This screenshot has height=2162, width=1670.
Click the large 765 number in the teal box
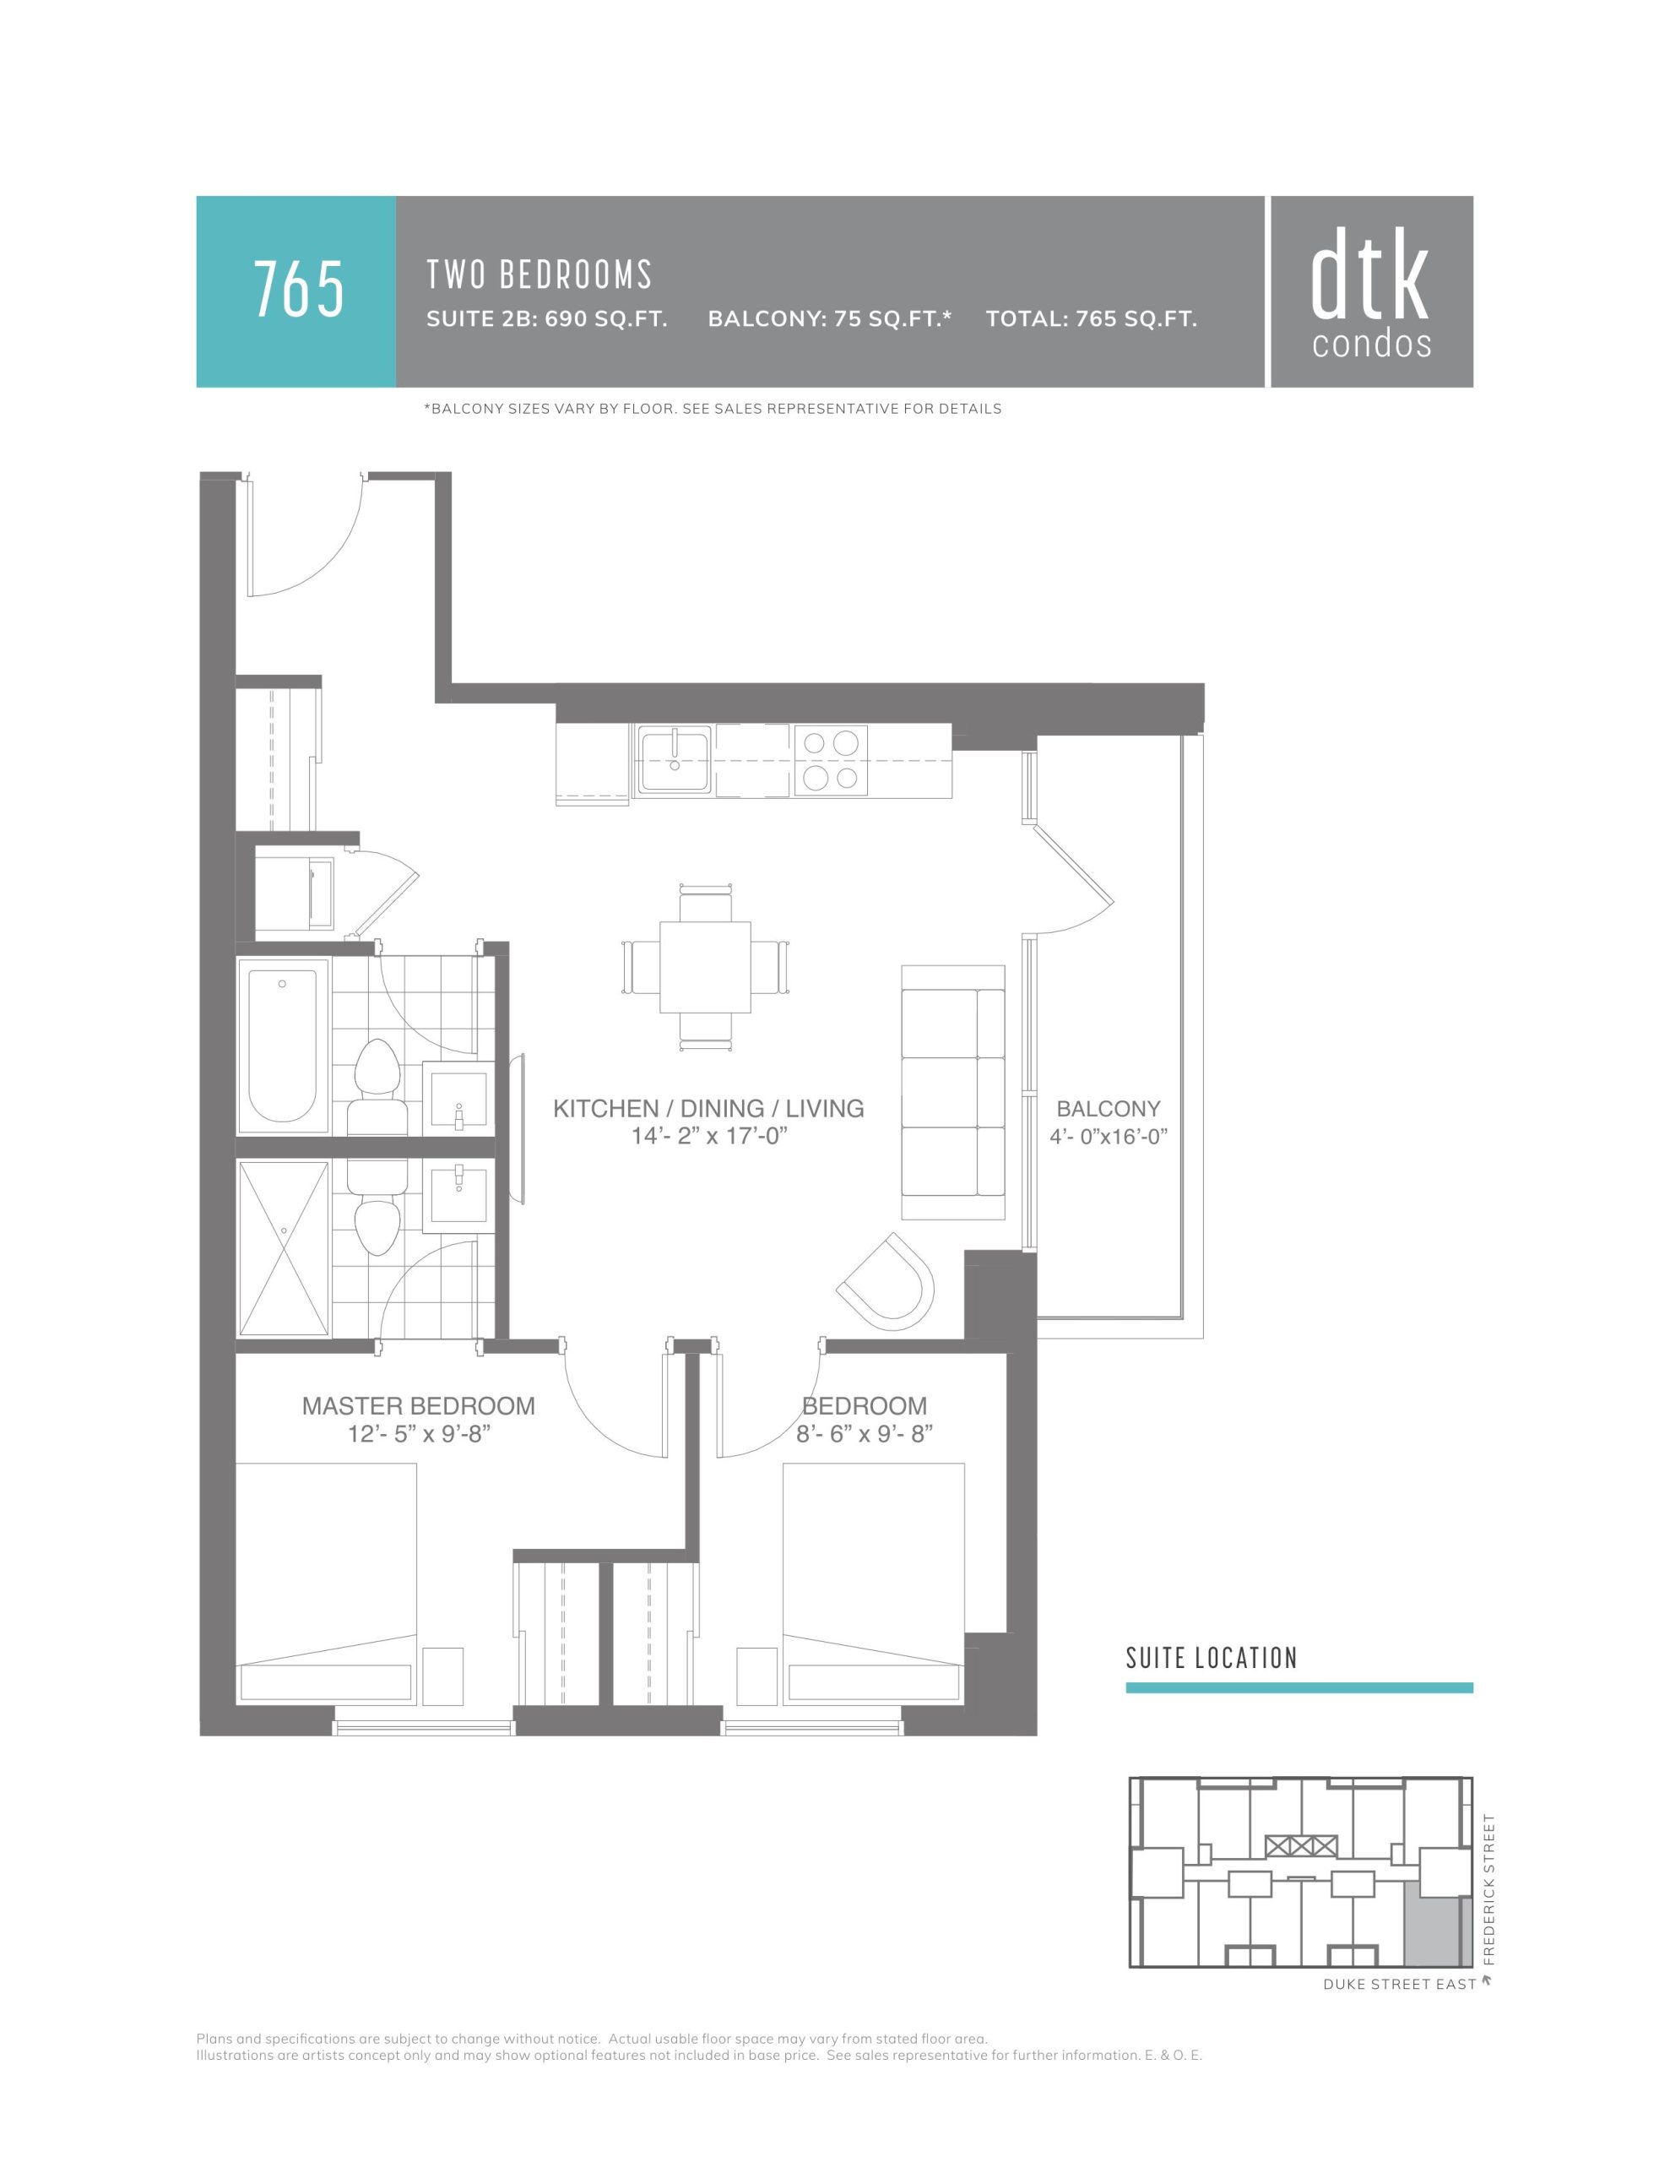(x=299, y=289)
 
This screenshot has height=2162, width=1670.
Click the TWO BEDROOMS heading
(x=539, y=274)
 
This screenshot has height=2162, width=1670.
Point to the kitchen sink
(x=674, y=760)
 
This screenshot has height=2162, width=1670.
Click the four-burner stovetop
(x=831, y=760)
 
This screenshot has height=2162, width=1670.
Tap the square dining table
(x=705, y=967)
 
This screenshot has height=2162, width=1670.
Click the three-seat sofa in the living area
(x=953, y=1092)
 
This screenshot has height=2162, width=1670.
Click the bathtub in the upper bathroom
(x=283, y=1046)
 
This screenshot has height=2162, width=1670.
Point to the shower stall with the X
(x=285, y=1248)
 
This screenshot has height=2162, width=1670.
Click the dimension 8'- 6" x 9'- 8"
(x=865, y=1433)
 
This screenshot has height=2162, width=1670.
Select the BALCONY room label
(x=1108, y=1109)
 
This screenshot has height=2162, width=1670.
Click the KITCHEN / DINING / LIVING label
(x=709, y=1109)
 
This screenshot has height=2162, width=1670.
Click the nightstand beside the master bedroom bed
(x=442, y=1675)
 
